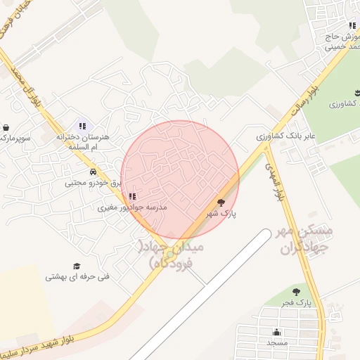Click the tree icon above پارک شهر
pos(221,202)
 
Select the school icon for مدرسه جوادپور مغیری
pos(133,197)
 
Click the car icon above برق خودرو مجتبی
pos(93,172)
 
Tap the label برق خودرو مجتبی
pos(94,182)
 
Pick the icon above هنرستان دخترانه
pos(82,127)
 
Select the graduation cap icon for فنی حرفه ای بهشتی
pos(77,266)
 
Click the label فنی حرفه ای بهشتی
pos(77,276)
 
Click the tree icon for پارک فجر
pos(296,291)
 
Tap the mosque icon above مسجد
pos(277,332)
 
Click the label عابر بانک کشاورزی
pos(285,134)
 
